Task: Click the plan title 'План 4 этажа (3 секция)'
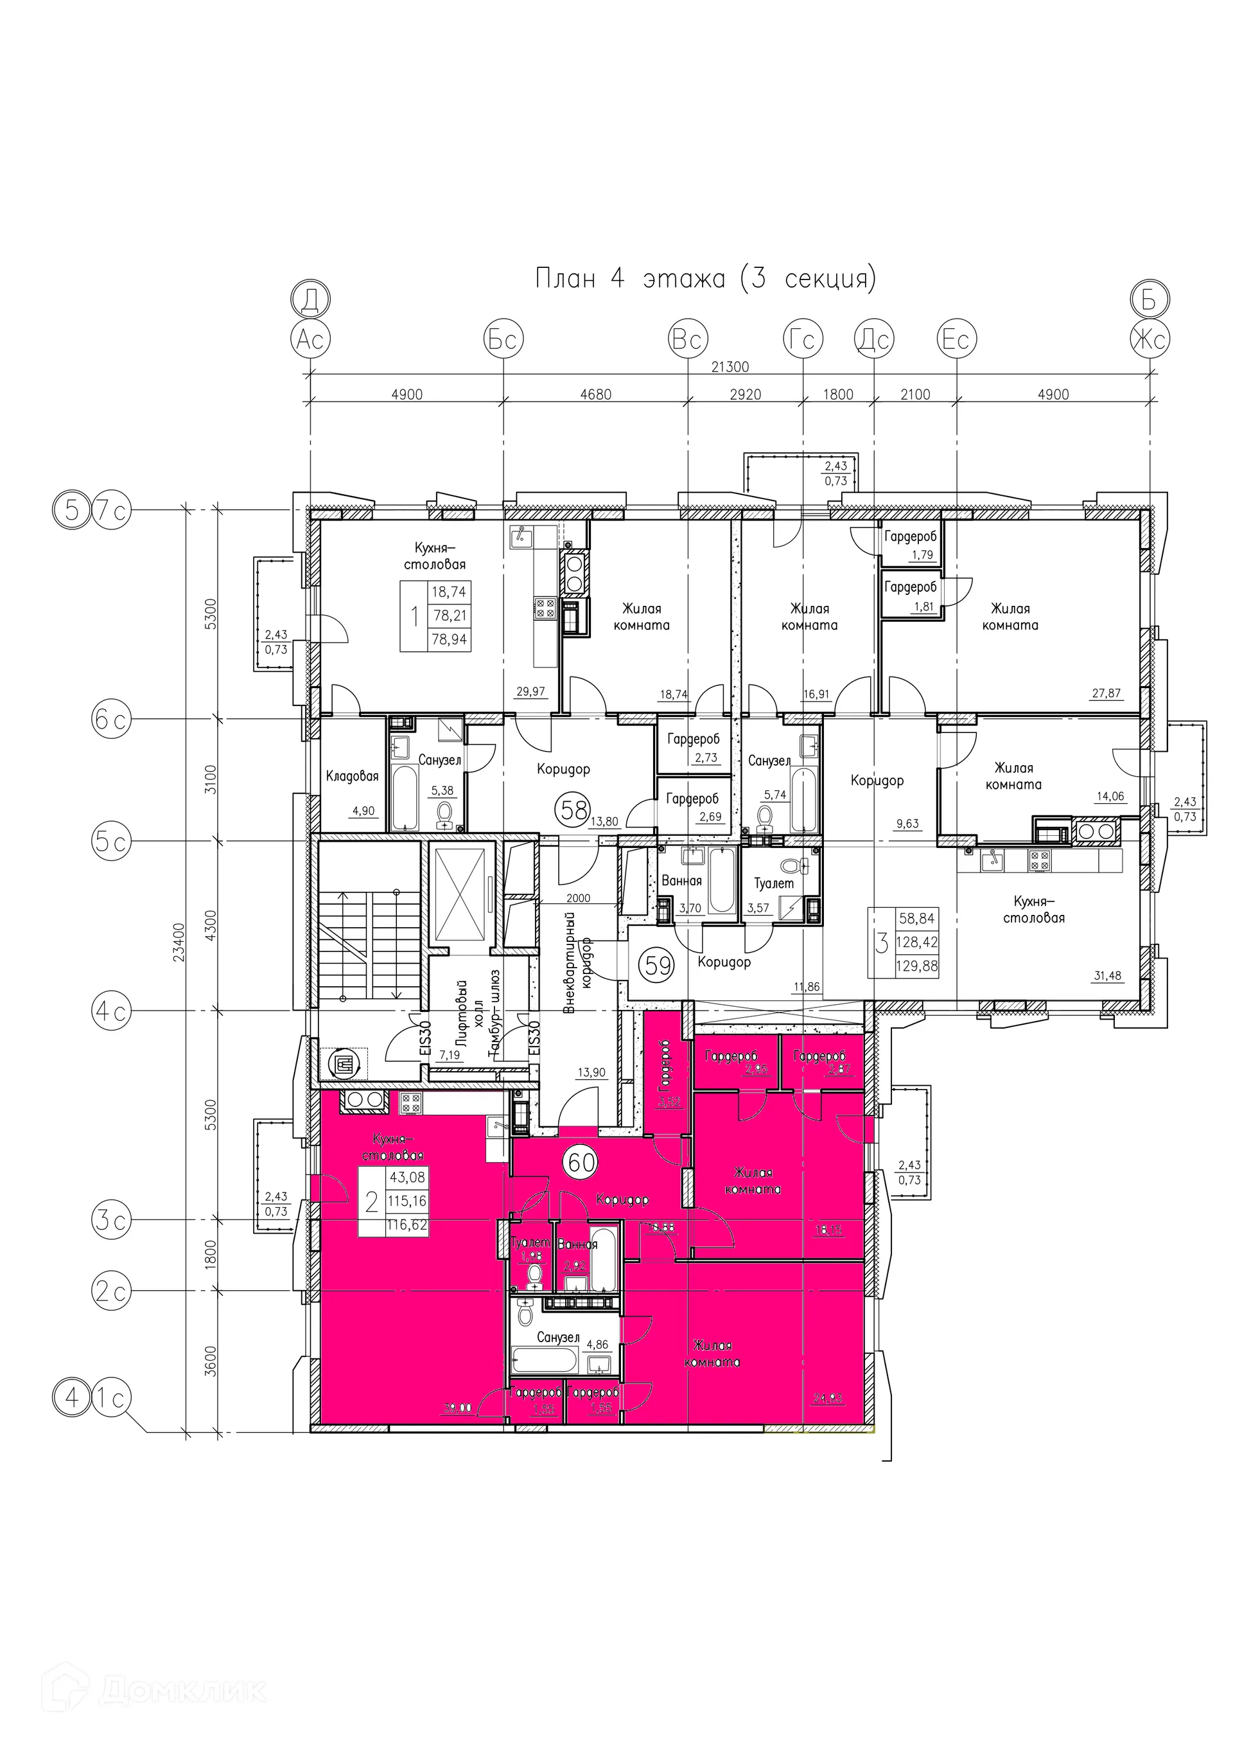pyautogui.click(x=705, y=278)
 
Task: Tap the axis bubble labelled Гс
pyautogui.click(x=803, y=339)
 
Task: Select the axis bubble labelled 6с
pyautogui.click(x=111, y=719)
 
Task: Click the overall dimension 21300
pyautogui.click(x=730, y=367)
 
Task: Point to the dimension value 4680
pyautogui.click(x=595, y=394)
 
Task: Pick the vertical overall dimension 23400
pyautogui.click(x=179, y=943)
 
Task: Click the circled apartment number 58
pyautogui.click(x=573, y=810)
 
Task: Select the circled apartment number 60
pyautogui.click(x=581, y=1162)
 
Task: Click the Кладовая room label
pyautogui.click(x=352, y=776)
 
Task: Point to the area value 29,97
pyautogui.click(x=530, y=691)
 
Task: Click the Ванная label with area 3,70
pyautogui.click(x=681, y=881)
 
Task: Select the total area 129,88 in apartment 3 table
pyautogui.click(x=917, y=966)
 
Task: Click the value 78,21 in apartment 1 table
pyautogui.click(x=449, y=616)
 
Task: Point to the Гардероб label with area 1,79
pyautogui.click(x=910, y=536)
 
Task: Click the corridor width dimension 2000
pyautogui.click(x=578, y=898)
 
